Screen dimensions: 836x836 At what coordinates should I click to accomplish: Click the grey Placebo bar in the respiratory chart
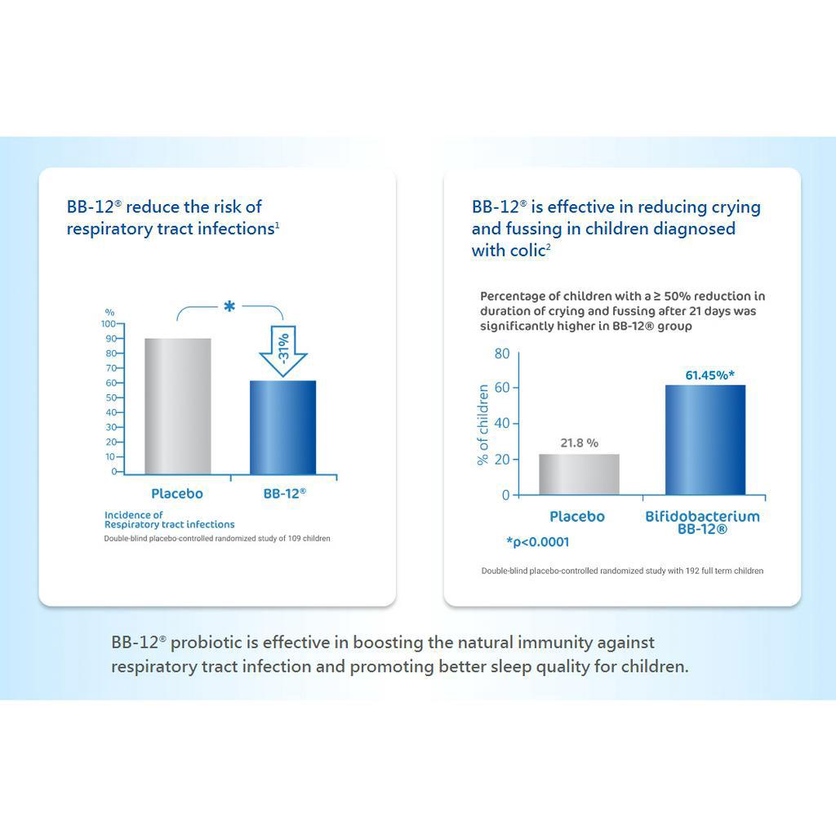coord(177,406)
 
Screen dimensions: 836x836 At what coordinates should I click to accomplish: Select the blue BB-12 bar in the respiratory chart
coord(282,427)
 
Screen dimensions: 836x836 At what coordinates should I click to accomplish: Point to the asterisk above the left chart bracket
coord(229,307)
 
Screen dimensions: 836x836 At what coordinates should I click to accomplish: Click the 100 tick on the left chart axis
coord(108,324)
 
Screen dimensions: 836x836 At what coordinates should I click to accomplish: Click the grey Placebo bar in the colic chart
coord(579,474)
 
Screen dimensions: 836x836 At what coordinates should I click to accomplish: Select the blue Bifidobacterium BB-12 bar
coord(705,440)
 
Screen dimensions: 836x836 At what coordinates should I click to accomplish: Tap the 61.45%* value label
coord(709,375)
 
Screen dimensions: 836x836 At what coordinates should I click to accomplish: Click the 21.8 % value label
coord(579,442)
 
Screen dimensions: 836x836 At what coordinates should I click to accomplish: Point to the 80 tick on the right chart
coord(501,354)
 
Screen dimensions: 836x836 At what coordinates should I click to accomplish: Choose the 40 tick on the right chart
coord(501,423)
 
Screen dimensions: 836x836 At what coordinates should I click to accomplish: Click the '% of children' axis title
coord(483,425)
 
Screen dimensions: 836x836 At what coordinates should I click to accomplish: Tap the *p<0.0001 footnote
coord(537,542)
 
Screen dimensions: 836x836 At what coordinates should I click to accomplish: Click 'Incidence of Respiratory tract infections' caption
coord(169,520)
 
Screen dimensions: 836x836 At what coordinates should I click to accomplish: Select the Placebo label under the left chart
coord(177,494)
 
